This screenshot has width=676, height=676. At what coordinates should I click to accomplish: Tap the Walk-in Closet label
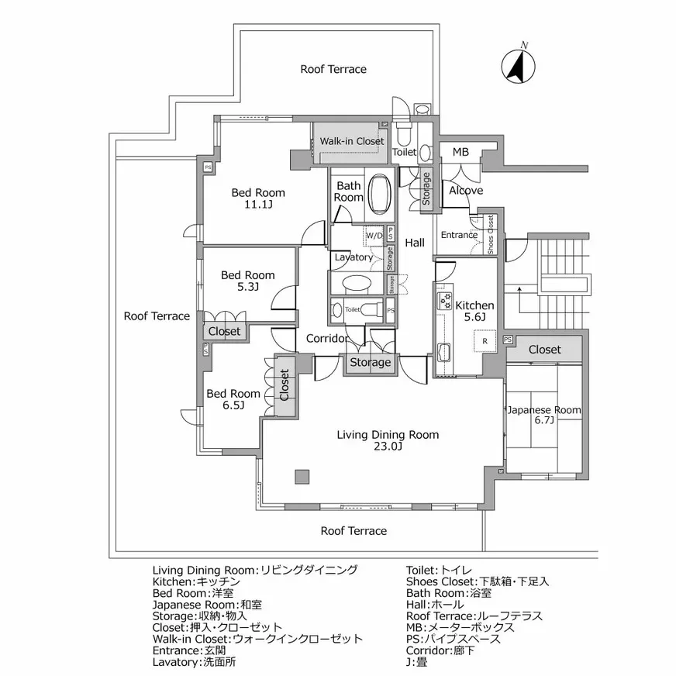click(x=352, y=142)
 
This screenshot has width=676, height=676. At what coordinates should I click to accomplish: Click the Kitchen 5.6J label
click(x=474, y=311)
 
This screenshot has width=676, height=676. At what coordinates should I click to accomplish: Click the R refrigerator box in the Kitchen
click(x=485, y=341)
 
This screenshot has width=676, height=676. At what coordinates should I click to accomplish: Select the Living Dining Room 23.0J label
click(x=388, y=440)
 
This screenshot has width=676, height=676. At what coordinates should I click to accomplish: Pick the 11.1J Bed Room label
click(x=258, y=198)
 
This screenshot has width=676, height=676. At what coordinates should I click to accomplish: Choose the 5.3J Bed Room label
click(x=247, y=281)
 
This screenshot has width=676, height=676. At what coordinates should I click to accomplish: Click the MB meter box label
click(x=460, y=153)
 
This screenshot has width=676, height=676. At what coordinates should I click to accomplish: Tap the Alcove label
click(x=466, y=190)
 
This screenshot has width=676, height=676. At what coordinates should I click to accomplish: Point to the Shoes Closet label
click(x=491, y=234)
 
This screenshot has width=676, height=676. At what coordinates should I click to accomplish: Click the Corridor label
click(x=326, y=339)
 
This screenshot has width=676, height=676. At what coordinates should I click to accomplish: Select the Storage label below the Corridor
click(x=370, y=363)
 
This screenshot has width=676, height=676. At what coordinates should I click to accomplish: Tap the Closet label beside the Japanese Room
click(x=544, y=350)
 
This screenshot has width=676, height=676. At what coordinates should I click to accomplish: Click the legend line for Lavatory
click(x=195, y=663)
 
